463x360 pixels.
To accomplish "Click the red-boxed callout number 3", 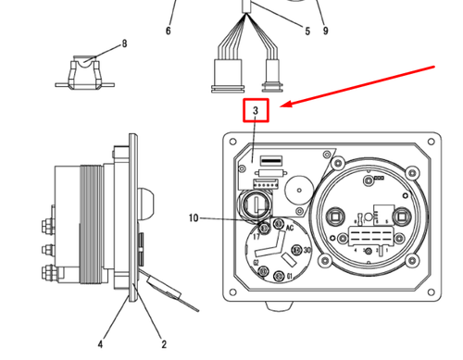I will (x=255, y=111).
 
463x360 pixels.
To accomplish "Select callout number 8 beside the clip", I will (x=124, y=44).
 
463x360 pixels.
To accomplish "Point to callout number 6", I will (x=169, y=31).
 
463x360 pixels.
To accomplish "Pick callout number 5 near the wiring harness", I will (x=307, y=31).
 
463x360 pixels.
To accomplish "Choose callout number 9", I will (x=326, y=31).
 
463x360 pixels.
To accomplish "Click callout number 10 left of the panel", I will (x=193, y=218).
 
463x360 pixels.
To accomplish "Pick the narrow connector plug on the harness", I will (x=272, y=73).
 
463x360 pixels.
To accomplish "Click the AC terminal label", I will (x=290, y=228).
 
